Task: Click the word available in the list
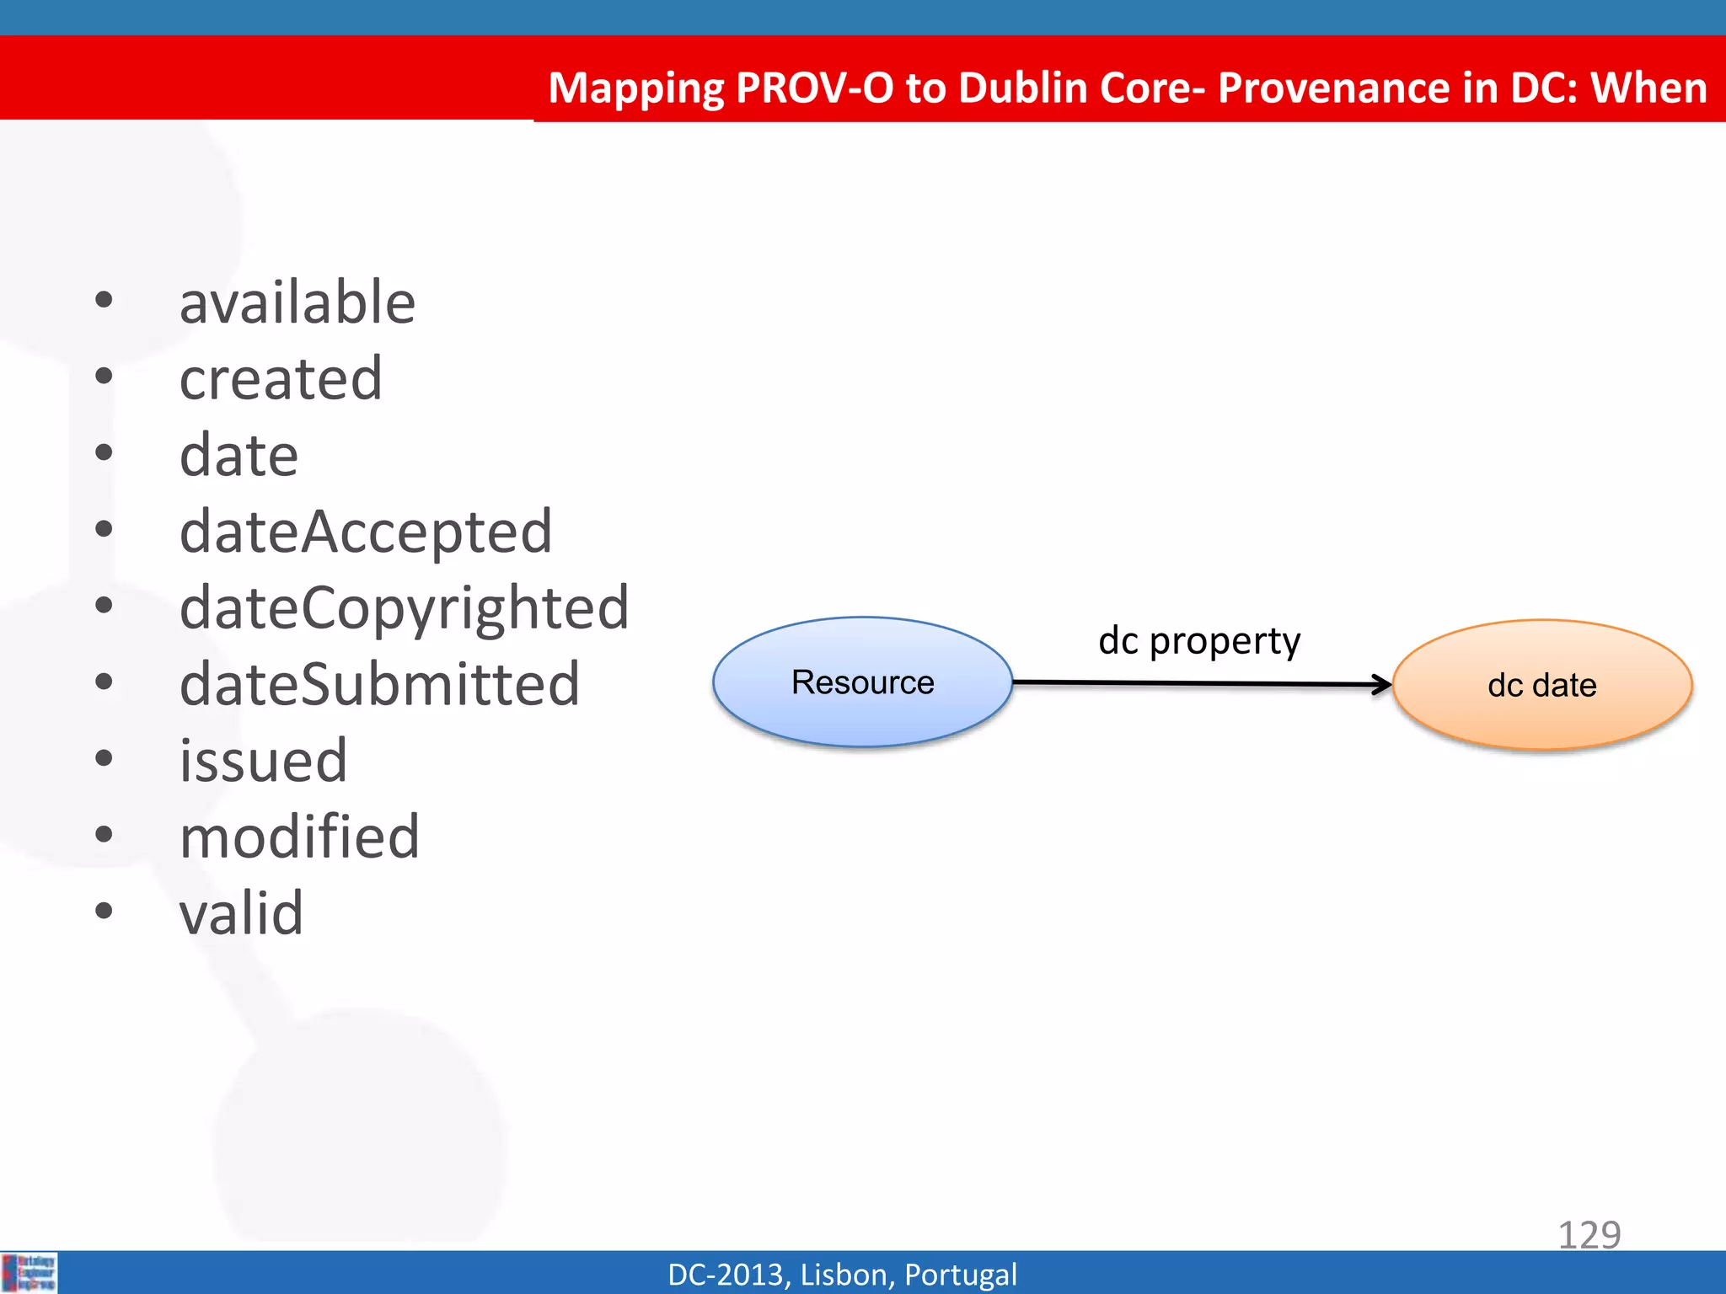[x=297, y=303]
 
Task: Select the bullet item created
[x=281, y=379]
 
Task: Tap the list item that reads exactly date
[x=239, y=456]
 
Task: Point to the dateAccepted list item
[x=366, y=532]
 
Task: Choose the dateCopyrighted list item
[x=404, y=608]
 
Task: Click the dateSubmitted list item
[x=379, y=685]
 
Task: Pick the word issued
[x=263, y=761]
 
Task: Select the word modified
[x=299, y=837]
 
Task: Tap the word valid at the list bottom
[x=241, y=913]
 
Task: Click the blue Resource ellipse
[x=862, y=682]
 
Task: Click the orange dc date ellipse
[x=1541, y=685]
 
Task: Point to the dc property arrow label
[x=1198, y=642]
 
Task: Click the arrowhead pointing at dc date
[x=1381, y=685]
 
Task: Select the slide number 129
[x=1589, y=1235]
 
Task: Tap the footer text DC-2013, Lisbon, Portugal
[x=842, y=1275]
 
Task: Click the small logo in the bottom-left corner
[x=29, y=1273]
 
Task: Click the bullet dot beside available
[x=104, y=300]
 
